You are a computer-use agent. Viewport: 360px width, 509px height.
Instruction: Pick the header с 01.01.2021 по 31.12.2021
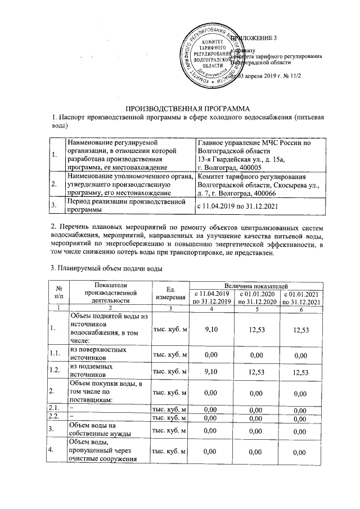point(302,298)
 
